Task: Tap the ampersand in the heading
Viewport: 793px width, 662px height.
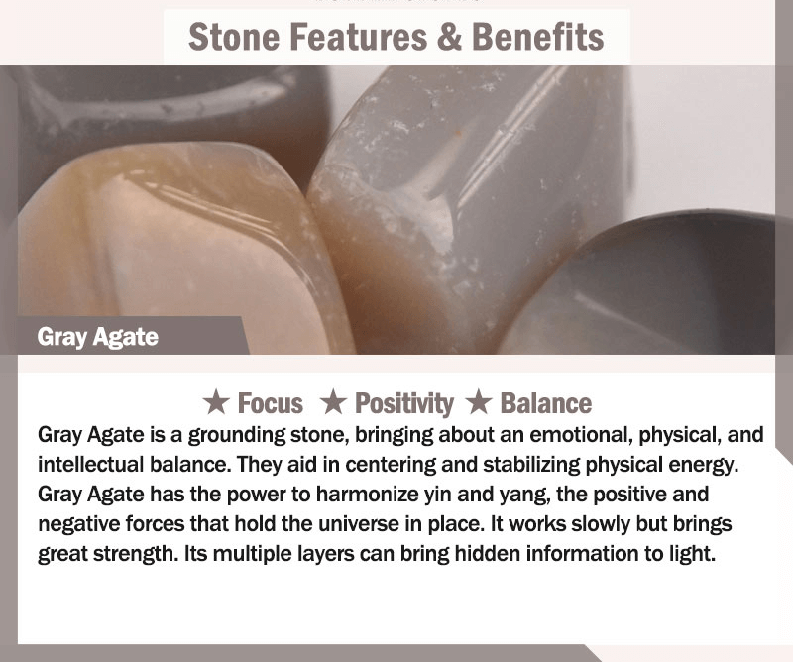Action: click(449, 37)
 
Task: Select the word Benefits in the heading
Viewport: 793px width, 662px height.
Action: click(537, 37)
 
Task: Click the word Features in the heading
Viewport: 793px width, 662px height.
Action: click(359, 37)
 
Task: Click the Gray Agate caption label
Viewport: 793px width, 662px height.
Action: click(97, 337)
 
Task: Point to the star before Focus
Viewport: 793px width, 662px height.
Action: click(216, 402)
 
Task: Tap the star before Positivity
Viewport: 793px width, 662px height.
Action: click(333, 402)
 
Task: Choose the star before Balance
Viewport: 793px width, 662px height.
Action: click(479, 402)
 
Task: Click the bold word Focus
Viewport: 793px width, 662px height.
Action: click(271, 403)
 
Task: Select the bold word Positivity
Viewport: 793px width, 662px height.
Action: click(404, 404)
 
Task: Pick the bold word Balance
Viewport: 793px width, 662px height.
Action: click(546, 403)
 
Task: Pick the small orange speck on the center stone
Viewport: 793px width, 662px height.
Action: click(459, 133)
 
